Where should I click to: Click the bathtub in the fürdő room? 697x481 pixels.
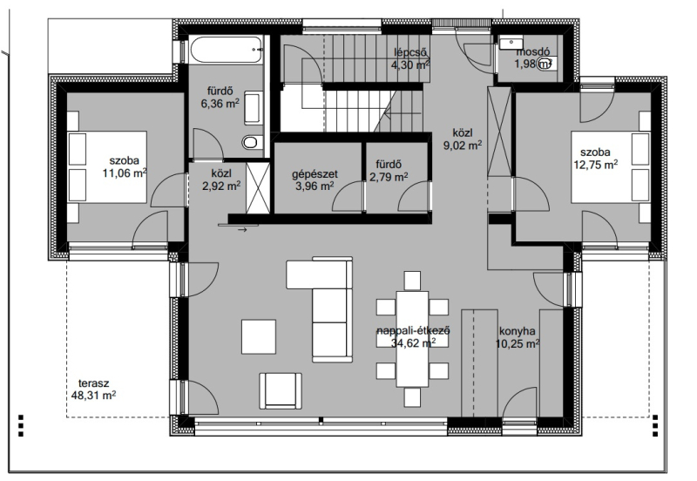[x=227, y=50]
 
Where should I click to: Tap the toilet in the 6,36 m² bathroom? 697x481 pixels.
[x=250, y=143]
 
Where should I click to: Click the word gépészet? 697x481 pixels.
[x=315, y=174]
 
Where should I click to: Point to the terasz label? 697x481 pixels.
[x=94, y=383]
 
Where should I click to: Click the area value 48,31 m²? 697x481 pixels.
[x=94, y=395]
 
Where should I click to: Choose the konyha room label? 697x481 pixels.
[x=517, y=331]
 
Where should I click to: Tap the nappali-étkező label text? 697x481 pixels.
[x=413, y=331]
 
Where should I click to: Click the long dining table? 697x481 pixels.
[x=412, y=339]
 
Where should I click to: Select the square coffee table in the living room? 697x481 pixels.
[x=259, y=336]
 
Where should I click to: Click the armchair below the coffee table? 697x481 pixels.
[x=281, y=390]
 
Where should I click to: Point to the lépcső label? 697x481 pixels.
[x=410, y=52]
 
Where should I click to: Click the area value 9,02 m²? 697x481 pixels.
[x=463, y=145]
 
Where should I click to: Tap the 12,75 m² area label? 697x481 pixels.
[x=596, y=165]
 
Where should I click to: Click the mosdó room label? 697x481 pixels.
[x=532, y=52]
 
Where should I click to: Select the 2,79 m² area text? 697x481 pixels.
[x=389, y=177]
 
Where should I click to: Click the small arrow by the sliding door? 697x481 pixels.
[x=242, y=230]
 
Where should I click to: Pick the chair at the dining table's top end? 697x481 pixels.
[x=412, y=281]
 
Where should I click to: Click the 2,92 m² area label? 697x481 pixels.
[x=221, y=186]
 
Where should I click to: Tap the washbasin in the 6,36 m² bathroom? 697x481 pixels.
[x=253, y=107]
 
